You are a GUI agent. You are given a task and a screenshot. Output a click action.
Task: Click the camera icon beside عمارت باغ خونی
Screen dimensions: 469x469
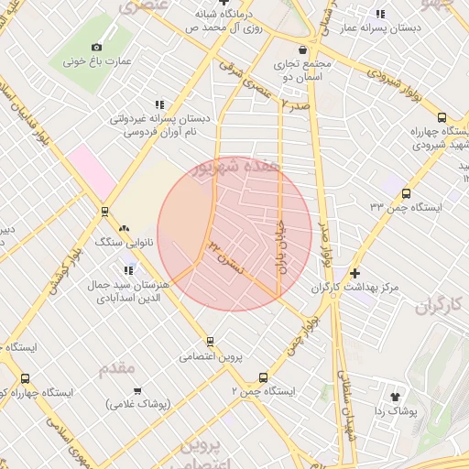pyautogui.click(x=97, y=47)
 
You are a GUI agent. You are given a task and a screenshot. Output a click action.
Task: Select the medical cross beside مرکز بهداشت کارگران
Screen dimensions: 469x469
pyautogui.click(x=355, y=273)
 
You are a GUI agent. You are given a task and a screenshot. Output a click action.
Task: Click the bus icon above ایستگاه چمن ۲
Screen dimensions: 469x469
pyautogui.click(x=264, y=376)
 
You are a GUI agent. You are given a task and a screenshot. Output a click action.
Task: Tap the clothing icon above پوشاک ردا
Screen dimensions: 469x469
pyautogui.click(x=396, y=397)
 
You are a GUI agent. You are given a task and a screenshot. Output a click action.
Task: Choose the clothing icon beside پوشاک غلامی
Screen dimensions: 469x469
pyautogui.click(x=111, y=403)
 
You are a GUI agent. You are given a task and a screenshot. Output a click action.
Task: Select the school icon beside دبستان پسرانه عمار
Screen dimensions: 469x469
pyautogui.click(x=380, y=14)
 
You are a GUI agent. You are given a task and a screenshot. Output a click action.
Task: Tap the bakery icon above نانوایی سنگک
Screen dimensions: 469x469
pyautogui.click(x=124, y=229)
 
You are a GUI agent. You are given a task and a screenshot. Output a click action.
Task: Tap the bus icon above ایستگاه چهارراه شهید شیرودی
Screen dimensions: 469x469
pyautogui.click(x=442, y=117)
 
